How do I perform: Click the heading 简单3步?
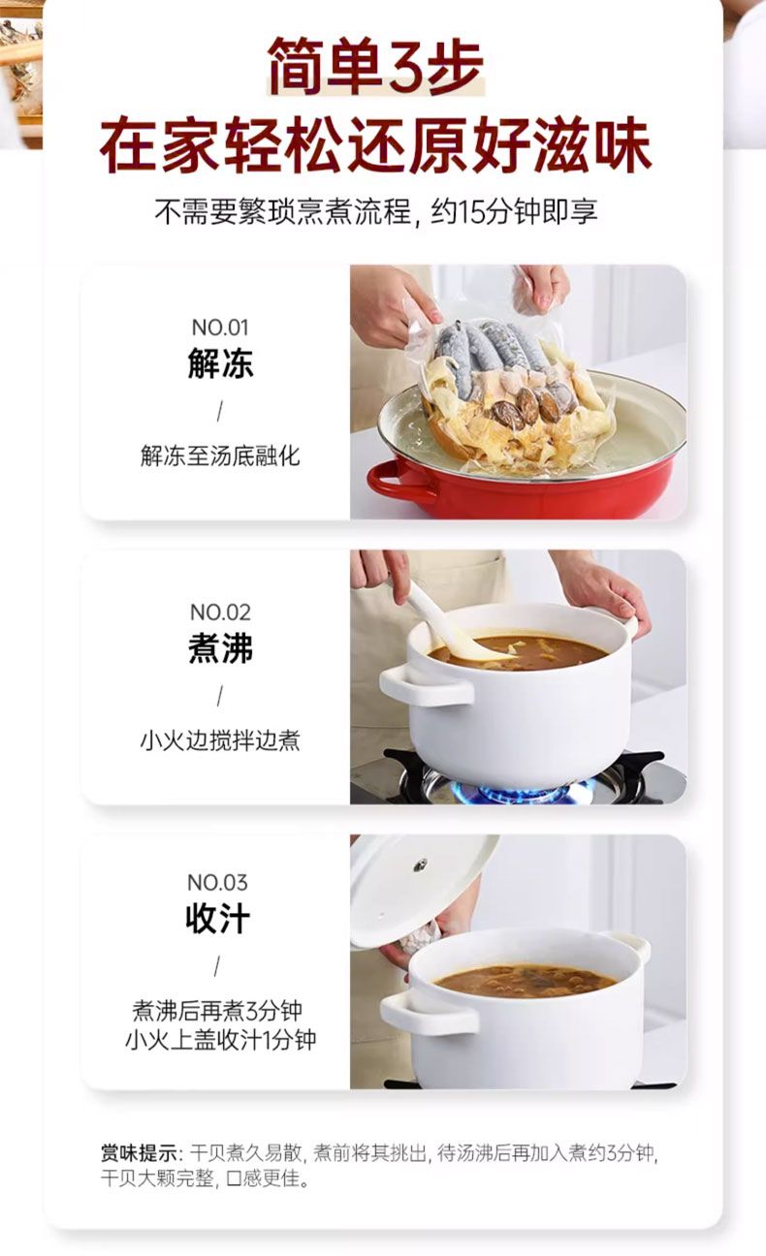(x=375, y=66)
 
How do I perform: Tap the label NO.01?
(x=220, y=328)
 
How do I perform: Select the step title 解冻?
(x=220, y=363)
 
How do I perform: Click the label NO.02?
(x=220, y=612)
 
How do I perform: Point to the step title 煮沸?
(x=220, y=648)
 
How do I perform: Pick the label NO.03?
(x=217, y=883)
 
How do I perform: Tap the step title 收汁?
(x=218, y=919)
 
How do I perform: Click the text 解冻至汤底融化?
(x=220, y=455)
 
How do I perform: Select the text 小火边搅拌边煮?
(x=220, y=740)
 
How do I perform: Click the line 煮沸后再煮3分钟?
(x=217, y=1011)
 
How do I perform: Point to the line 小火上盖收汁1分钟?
(x=220, y=1041)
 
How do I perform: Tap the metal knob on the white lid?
(x=420, y=865)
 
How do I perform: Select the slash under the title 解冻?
(x=219, y=411)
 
